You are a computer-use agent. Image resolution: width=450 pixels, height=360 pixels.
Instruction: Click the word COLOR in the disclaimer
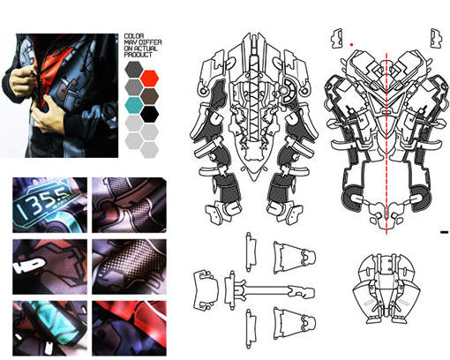pyautogui.click(x=134, y=36)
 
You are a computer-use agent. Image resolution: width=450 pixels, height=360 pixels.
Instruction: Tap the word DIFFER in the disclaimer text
pyautogui.click(x=151, y=42)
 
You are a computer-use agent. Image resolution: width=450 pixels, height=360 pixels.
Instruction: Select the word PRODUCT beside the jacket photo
pyautogui.click(x=139, y=55)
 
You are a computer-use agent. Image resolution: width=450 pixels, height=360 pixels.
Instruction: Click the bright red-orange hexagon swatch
pyautogui.click(x=149, y=79)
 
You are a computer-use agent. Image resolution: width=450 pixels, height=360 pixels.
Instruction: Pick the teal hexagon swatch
pyautogui.click(x=134, y=105)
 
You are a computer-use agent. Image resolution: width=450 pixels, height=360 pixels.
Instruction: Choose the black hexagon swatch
pyautogui.click(x=149, y=114)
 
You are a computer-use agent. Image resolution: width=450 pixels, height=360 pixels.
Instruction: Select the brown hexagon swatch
pyautogui.click(x=149, y=96)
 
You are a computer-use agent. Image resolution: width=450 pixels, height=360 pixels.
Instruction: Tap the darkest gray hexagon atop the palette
pyautogui.click(x=134, y=70)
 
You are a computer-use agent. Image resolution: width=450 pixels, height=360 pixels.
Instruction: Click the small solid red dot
pyautogui.click(x=351, y=45)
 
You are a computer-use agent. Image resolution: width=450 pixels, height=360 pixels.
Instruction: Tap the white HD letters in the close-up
pyautogui.click(x=29, y=266)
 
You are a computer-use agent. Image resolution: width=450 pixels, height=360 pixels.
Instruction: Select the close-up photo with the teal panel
pyautogui.click(x=49, y=328)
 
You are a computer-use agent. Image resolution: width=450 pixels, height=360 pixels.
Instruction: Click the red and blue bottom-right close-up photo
pyautogui.click(x=129, y=328)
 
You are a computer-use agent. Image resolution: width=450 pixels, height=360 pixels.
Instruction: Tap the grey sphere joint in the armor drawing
pyautogui.click(x=283, y=91)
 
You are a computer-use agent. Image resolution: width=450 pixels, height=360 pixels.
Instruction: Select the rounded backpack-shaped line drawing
pyautogui.click(x=386, y=289)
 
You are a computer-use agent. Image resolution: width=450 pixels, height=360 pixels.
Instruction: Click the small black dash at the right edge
pyautogui.click(x=445, y=232)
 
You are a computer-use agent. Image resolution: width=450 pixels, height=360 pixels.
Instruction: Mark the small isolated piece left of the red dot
pyautogui.click(x=337, y=38)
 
